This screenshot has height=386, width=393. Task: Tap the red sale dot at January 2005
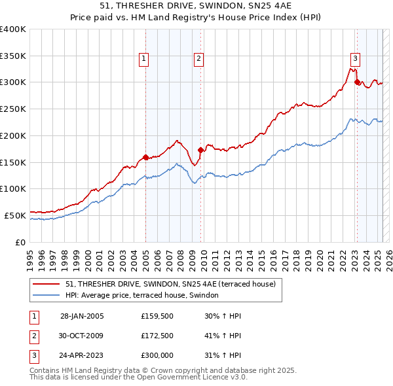click(x=145, y=157)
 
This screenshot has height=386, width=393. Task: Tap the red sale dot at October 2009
click(x=200, y=150)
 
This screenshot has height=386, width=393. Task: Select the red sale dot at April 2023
click(x=357, y=82)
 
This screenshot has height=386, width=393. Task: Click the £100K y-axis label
click(x=13, y=188)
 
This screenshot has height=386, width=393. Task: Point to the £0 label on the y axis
click(x=21, y=242)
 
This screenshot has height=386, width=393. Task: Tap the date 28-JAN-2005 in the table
click(x=82, y=316)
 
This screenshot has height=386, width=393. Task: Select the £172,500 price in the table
click(x=157, y=336)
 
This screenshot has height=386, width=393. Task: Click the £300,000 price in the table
click(x=157, y=357)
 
